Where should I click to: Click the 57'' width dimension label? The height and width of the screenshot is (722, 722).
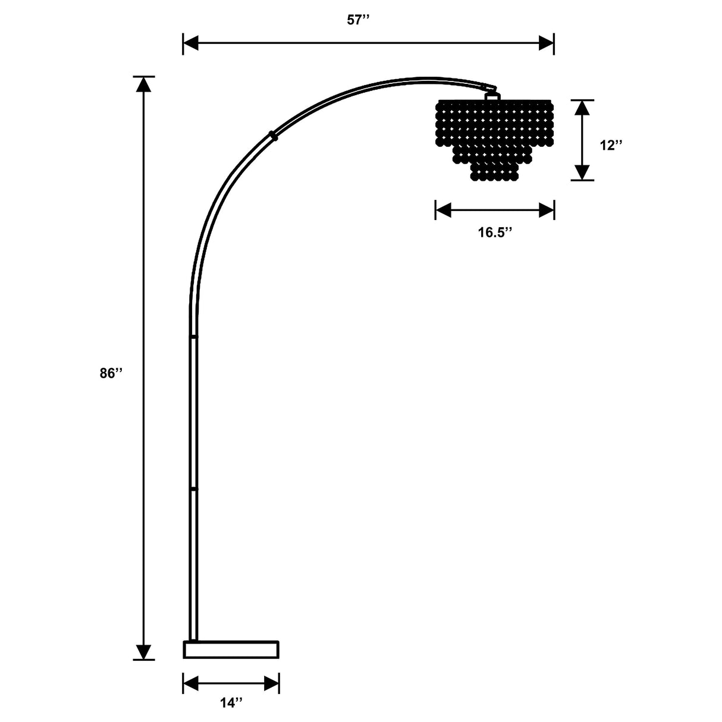(x=358, y=20)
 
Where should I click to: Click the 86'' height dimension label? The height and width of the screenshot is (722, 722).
(x=111, y=373)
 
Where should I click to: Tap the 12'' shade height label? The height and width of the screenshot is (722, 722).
(x=611, y=145)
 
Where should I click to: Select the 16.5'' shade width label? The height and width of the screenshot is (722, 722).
(x=495, y=233)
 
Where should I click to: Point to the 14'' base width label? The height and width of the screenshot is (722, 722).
(x=231, y=703)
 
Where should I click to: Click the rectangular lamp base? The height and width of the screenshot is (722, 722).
(x=231, y=649)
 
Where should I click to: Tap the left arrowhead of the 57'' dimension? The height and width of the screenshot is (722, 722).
(x=190, y=43)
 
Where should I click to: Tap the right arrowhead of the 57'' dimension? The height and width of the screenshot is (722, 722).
(x=547, y=43)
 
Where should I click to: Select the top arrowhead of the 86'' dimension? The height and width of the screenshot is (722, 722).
(x=143, y=84)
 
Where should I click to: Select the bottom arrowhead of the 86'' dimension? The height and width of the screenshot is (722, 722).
(x=143, y=652)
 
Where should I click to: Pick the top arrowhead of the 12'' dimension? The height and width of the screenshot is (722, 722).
(x=582, y=108)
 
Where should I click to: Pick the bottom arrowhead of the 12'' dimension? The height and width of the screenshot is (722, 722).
(x=582, y=172)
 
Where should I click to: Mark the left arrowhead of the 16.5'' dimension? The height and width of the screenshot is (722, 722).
(x=443, y=210)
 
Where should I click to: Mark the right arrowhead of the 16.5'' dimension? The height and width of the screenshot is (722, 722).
(x=547, y=210)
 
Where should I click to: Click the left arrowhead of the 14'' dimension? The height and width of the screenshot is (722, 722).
(x=191, y=683)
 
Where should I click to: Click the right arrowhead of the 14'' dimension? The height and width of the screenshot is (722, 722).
(x=272, y=683)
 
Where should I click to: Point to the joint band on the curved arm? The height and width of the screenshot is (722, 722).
(x=273, y=136)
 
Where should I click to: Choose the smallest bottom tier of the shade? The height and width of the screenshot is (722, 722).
(x=494, y=172)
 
